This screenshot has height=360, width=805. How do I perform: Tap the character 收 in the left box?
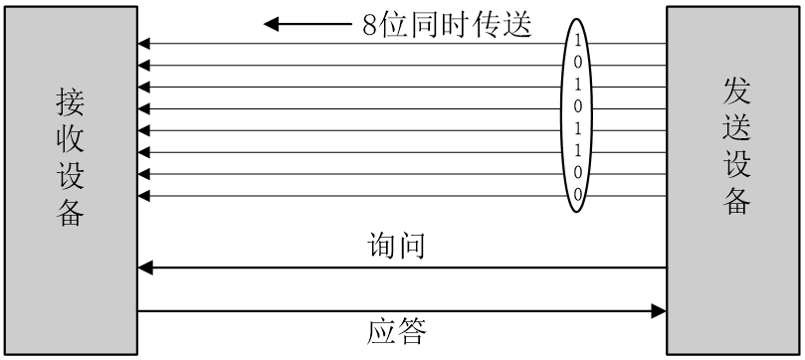[71, 139]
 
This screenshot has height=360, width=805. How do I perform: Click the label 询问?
[397, 245]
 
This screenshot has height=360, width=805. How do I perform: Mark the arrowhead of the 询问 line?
[145, 268]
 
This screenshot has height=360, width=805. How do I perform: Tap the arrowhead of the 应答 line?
[658, 311]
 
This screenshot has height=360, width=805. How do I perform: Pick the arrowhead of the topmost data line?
[144, 44]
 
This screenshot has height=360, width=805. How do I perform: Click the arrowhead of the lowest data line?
[144, 195]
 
